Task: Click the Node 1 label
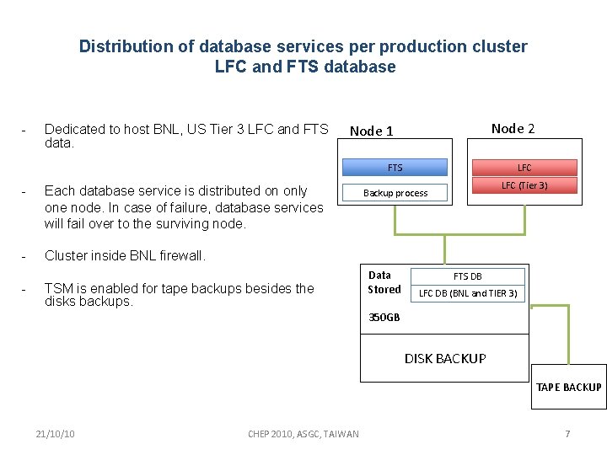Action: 372,131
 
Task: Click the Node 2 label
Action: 513,128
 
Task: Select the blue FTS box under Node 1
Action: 395,168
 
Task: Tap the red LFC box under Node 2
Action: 524,168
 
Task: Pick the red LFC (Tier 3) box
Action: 524,185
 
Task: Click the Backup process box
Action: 395,193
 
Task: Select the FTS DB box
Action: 468,276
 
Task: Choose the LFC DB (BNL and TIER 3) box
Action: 468,293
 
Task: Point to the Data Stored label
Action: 384,282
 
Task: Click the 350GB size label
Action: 384,318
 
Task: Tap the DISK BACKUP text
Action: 445,359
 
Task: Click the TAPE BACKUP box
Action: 568,387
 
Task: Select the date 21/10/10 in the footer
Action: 56,434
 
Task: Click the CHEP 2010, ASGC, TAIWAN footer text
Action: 303,434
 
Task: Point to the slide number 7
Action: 567,434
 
